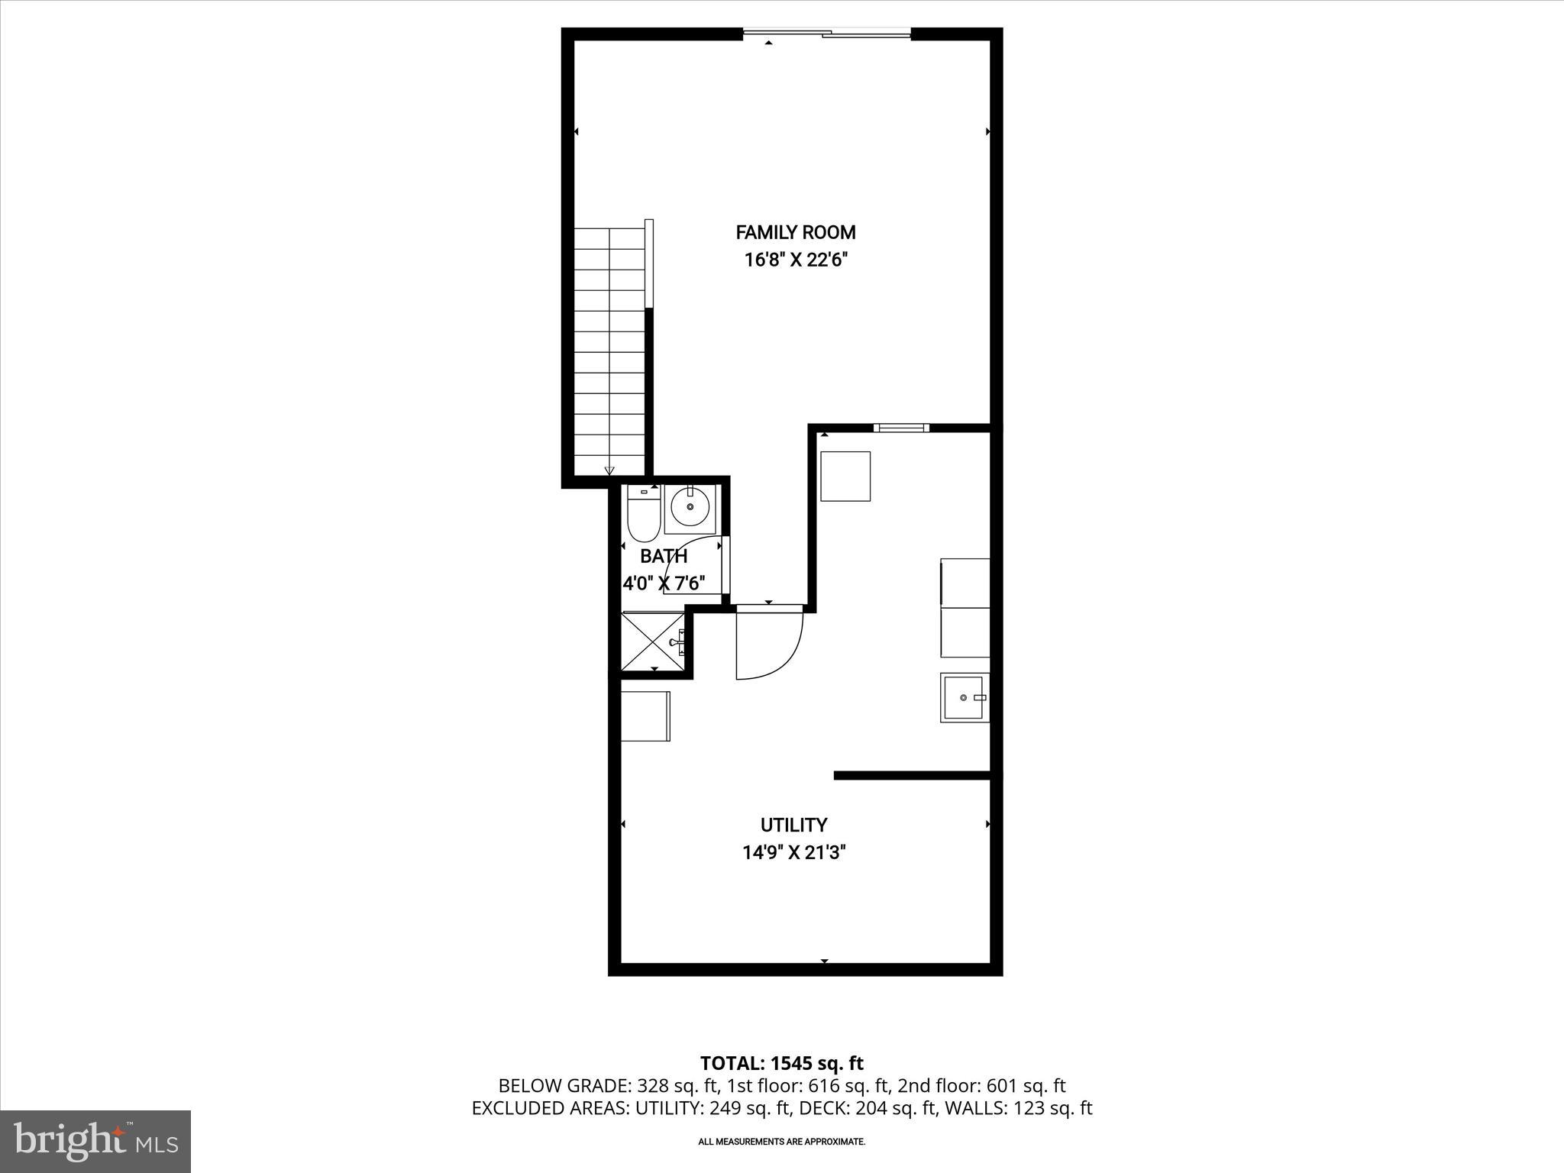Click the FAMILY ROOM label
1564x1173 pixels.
pyautogui.click(x=795, y=232)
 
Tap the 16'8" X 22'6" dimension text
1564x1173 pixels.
pyautogui.click(x=797, y=260)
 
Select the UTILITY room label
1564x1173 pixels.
pyautogui.click(x=793, y=825)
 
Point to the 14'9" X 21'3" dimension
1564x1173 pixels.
pyautogui.click(x=794, y=852)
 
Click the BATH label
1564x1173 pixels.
pyautogui.click(x=664, y=557)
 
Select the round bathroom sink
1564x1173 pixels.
pyautogui.click(x=690, y=507)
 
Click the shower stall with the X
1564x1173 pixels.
pyautogui.click(x=654, y=643)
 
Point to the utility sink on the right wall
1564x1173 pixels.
pyautogui.click(x=965, y=697)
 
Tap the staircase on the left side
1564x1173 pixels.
pyautogui.click(x=609, y=351)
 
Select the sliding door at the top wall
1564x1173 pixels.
pyautogui.click(x=827, y=34)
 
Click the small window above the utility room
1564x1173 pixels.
pyautogui.click(x=901, y=428)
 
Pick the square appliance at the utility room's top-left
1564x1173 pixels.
pyautogui.click(x=845, y=476)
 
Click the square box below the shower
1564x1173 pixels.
pyautogui.click(x=645, y=716)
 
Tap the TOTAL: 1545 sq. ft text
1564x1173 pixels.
pyautogui.click(x=781, y=1063)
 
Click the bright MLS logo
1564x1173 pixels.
pyautogui.click(x=96, y=1142)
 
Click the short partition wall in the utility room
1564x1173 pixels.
pyautogui.click(x=912, y=776)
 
